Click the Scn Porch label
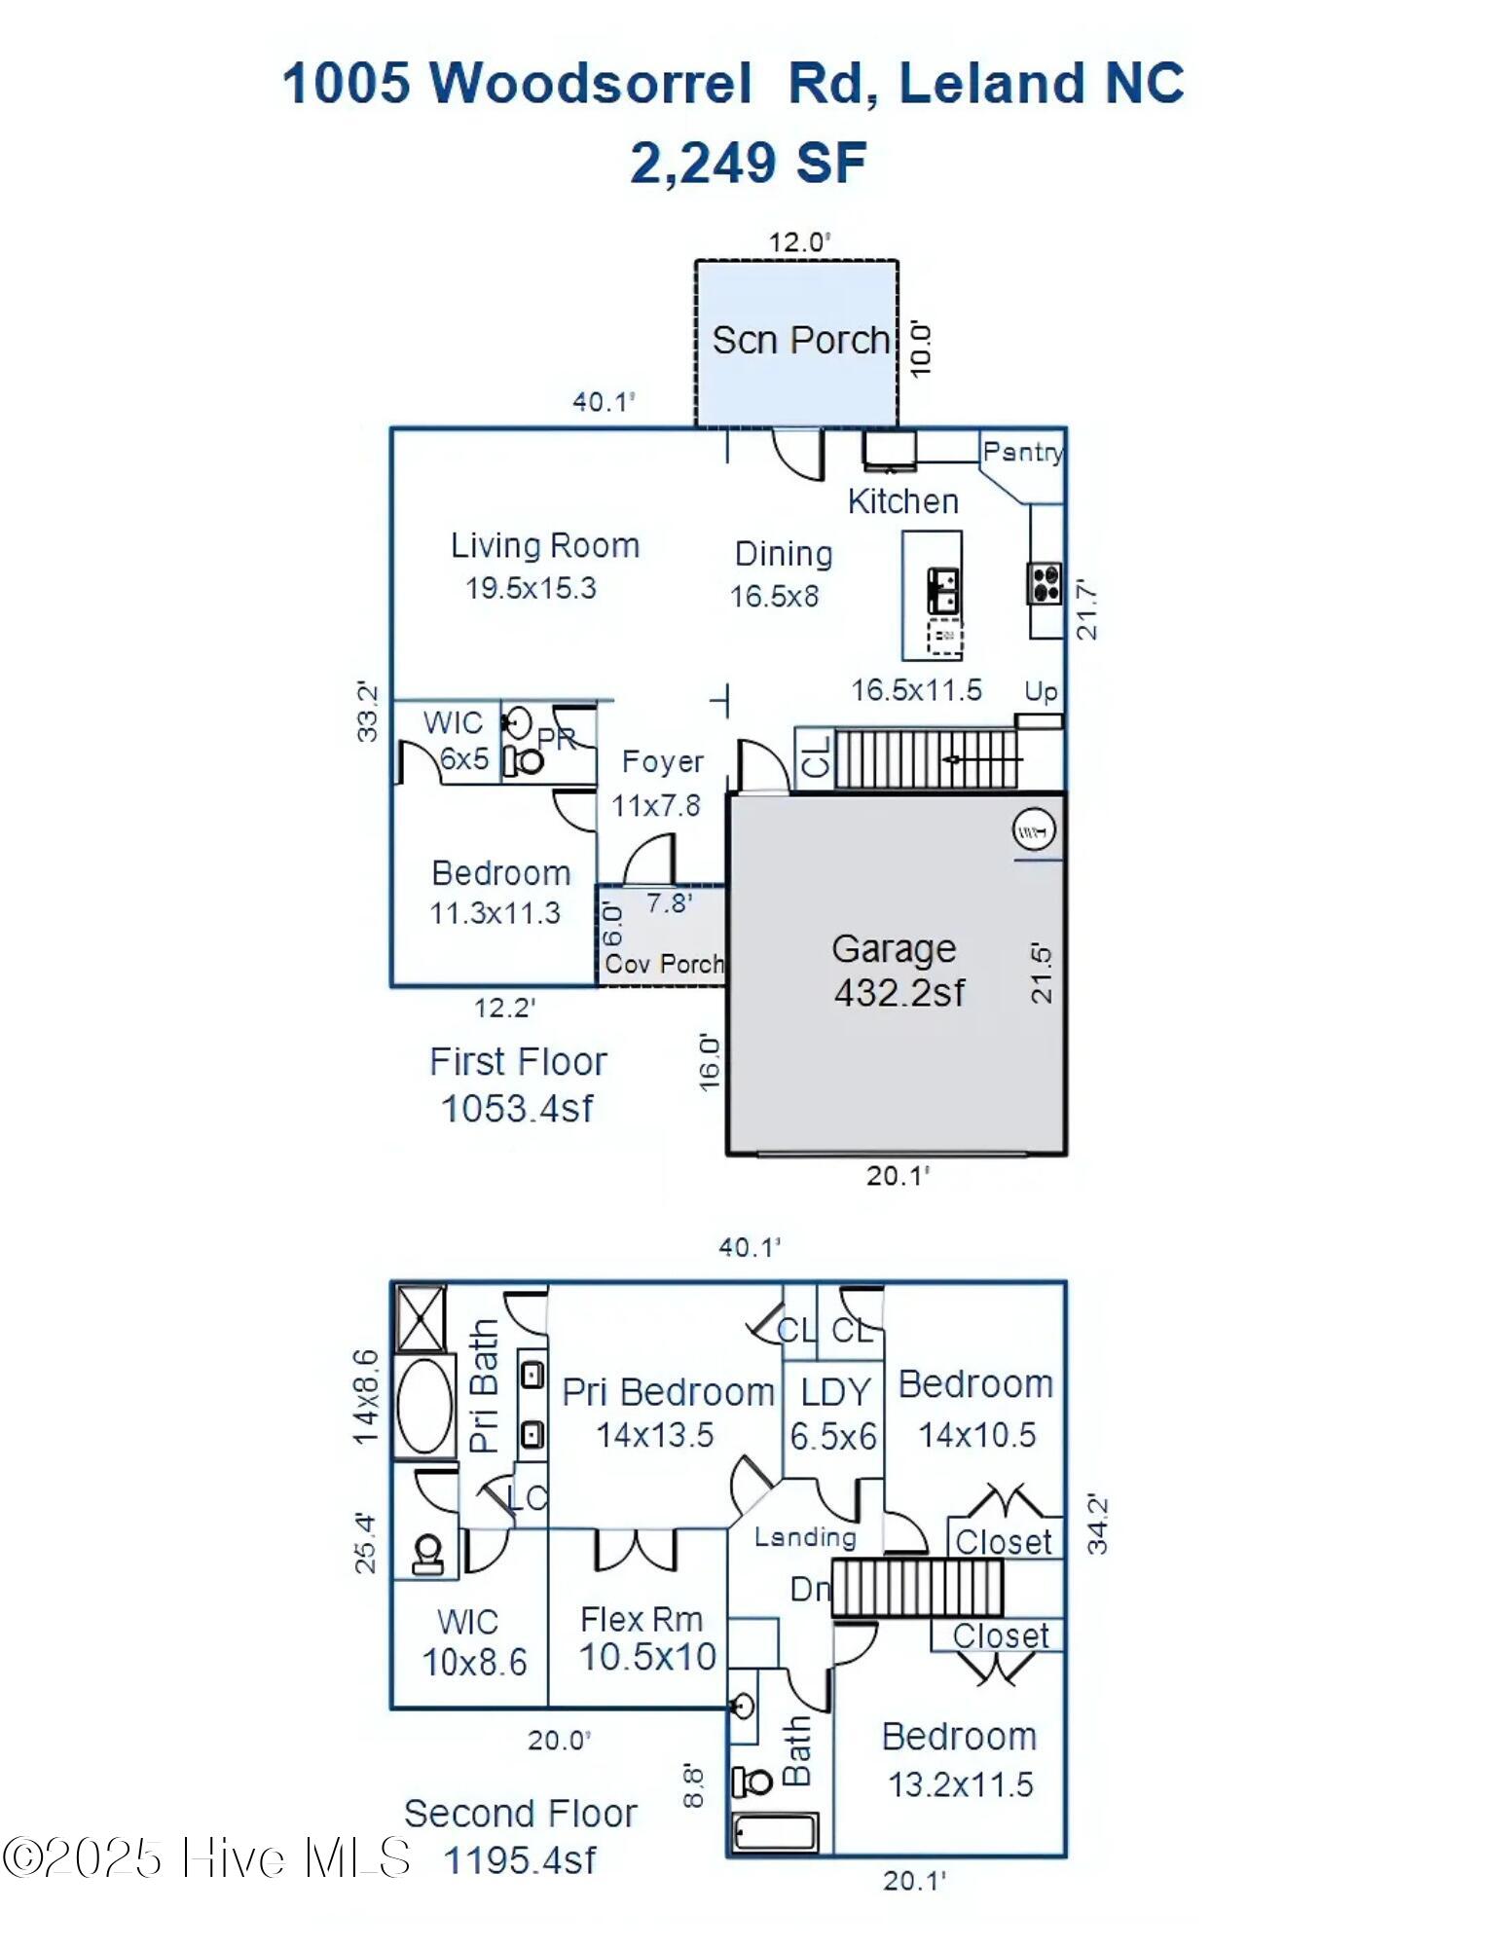pos(800,341)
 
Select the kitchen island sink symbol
pos(944,591)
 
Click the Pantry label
pos(1022,452)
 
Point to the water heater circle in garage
pos(1034,830)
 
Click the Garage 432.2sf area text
pos(899,992)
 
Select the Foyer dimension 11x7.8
pos(655,805)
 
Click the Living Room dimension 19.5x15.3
pos(531,588)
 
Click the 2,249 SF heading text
pos(748,163)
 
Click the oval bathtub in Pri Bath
pos(423,1406)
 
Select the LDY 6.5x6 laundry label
pos(834,1414)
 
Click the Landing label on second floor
pos(805,1536)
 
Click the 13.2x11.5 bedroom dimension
pos(960,1784)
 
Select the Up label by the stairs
pos(1041,691)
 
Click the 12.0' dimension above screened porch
pos(799,242)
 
